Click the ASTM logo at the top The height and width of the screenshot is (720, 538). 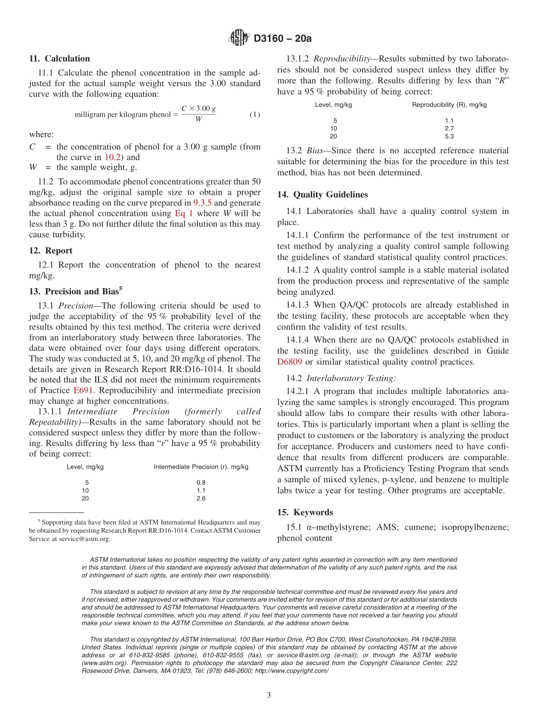click(238, 38)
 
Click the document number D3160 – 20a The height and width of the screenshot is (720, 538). click(283, 38)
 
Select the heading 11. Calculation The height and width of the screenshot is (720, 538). click(59, 58)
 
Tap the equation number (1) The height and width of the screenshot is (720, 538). click(255, 114)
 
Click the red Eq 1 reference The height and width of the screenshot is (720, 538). click(183, 213)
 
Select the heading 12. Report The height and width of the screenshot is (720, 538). click(51, 251)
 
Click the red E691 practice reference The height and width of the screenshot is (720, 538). click(82, 391)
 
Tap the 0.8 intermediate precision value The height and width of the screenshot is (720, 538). click(200, 482)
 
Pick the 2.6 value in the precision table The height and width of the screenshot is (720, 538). click(200, 498)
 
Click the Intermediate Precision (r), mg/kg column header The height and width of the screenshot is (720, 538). click(200, 467)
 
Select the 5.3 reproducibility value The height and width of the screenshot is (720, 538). click(449, 136)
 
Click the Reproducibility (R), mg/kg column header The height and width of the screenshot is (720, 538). click(449, 105)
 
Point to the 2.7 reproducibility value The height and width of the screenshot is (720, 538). click(449, 128)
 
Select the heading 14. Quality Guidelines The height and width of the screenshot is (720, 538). click(322, 195)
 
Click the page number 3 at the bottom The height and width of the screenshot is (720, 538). click(269, 695)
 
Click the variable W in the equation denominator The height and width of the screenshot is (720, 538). click(198, 119)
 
